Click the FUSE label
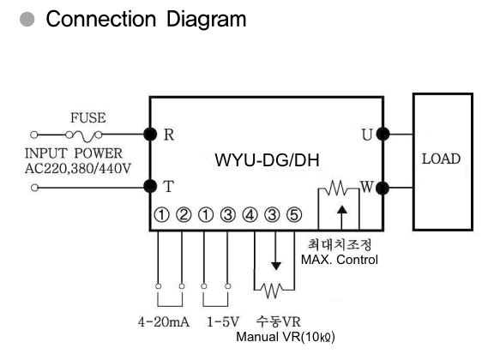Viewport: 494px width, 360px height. click(88, 117)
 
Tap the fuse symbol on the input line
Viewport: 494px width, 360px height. click(84, 135)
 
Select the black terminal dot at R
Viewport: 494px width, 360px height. click(150, 135)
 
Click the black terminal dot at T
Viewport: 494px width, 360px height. click(150, 186)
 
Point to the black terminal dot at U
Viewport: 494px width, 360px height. click(383, 135)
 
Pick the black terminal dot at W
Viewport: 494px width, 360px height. click(383, 188)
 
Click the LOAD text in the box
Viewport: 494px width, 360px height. click(441, 159)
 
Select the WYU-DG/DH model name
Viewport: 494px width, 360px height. click(268, 160)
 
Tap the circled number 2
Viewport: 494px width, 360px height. click(184, 215)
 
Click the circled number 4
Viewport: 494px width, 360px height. click(250, 215)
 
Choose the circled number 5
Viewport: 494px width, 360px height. click(294, 215)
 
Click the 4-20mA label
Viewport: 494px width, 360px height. click(164, 322)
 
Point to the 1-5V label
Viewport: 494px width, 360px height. click(223, 322)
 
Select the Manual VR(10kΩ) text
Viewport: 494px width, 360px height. click(286, 337)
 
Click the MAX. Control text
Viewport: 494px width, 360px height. click(340, 260)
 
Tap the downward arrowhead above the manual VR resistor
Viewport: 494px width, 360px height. click(276, 266)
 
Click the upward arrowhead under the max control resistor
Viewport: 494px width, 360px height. click(342, 210)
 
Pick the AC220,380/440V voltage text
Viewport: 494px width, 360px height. click(78, 169)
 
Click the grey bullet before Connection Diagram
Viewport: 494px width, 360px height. click(27, 19)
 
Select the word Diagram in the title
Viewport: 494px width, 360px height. click(206, 20)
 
